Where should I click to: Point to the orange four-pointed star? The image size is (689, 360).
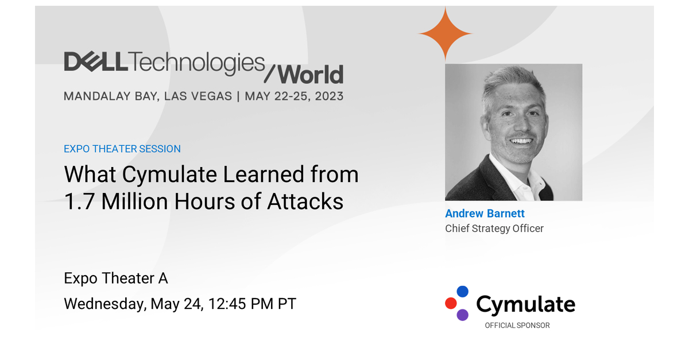tap(445, 34)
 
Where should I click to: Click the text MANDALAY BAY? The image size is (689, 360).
tap(110, 96)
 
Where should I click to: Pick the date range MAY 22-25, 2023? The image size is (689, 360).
tap(294, 96)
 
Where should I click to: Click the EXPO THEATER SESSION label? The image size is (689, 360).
tap(122, 149)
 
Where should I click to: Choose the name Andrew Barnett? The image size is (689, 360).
tap(485, 214)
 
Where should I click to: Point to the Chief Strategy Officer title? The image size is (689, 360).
tap(494, 229)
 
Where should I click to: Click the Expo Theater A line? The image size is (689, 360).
tap(116, 278)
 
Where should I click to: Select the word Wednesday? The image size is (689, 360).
tap(103, 304)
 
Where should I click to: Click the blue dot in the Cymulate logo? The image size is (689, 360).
tap(463, 292)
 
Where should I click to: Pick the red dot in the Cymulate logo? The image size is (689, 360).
tap(451, 303)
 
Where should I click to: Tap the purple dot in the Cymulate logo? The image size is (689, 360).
tap(463, 315)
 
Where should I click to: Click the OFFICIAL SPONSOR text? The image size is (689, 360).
tap(517, 326)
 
